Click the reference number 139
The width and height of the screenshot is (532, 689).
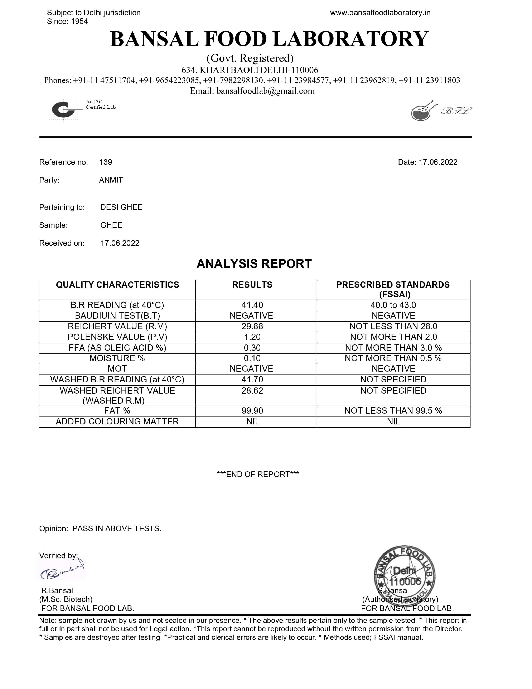(106, 162)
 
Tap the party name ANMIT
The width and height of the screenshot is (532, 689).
(111, 180)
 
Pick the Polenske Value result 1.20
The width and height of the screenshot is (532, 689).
(252, 337)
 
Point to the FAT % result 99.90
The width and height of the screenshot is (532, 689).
(252, 411)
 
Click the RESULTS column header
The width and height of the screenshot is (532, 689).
(252, 285)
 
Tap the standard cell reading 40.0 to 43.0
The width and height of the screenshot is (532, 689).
(393, 305)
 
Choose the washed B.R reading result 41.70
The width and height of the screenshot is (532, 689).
(252, 380)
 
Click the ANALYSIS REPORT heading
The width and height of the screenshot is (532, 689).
(254, 264)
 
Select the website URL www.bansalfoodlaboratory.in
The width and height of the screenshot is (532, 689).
(380, 13)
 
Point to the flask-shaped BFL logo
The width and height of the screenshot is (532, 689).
(422, 111)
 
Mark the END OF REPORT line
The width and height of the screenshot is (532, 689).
(258, 475)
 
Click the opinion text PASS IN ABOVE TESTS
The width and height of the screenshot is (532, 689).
(117, 529)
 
